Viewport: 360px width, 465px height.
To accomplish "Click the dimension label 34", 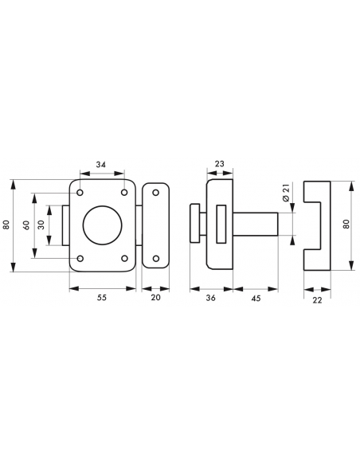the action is [101, 164].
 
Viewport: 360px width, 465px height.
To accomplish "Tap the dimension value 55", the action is [101, 298].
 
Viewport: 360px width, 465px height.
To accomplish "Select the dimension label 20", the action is [155, 298].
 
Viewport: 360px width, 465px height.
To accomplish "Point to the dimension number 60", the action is [26, 225].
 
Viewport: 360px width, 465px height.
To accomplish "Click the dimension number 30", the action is [41, 225].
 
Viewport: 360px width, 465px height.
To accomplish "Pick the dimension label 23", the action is [219, 164].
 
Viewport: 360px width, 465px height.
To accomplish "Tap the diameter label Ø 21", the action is [286, 193].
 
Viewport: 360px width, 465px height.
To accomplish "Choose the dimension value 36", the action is [210, 298].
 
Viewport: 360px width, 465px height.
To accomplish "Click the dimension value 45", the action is [256, 298].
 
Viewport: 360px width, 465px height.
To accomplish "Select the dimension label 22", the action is [317, 300].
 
